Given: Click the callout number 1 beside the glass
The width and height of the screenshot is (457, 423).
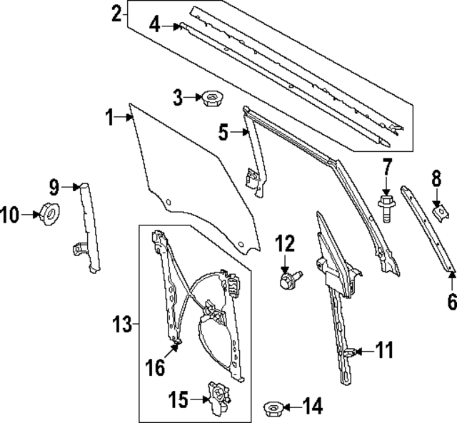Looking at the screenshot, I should pos(110,118).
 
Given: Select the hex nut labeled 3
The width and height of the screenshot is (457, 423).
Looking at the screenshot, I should pos(210,97).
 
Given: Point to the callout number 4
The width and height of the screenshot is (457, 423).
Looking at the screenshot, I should pos(155,26).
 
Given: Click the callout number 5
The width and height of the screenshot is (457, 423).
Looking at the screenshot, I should pos(224,131).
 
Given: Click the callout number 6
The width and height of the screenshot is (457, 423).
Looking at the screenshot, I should pos(451,302).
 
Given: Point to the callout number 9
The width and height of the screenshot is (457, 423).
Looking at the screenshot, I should pos(55,187).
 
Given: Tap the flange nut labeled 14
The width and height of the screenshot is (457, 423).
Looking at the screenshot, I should pos(273,409).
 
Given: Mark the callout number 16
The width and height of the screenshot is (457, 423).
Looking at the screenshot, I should pos(156,368).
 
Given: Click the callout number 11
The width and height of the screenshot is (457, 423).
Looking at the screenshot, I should pos(384,350).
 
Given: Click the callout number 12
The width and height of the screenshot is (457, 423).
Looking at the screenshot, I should pos(285,244).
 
